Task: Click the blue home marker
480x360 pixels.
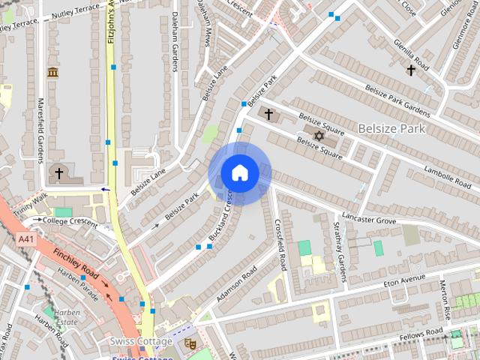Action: pyautogui.click(x=239, y=173)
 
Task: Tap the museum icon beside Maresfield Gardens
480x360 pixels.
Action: pyautogui.click(x=52, y=73)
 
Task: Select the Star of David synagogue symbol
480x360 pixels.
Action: pyautogui.click(x=319, y=136)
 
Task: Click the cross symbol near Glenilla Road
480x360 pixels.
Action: pyautogui.click(x=410, y=70)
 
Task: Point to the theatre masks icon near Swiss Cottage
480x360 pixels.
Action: pyautogui.click(x=190, y=343)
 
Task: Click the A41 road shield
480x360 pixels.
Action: pyautogui.click(x=26, y=238)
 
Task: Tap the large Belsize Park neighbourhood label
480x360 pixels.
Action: pyautogui.click(x=391, y=128)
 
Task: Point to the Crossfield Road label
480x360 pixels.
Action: pyautogui.click(x=281, y=244)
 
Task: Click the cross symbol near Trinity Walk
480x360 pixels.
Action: pyautogui.click(x=58, y=173)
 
